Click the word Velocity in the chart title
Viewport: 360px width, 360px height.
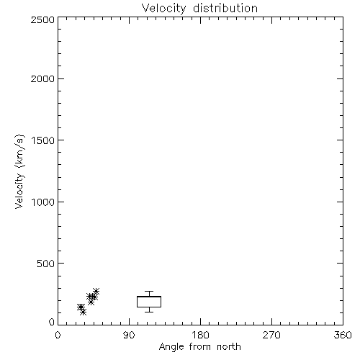[x=164, y=9]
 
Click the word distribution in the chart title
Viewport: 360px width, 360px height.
[x=225, y=8]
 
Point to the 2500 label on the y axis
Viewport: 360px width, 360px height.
[x=42, y=19]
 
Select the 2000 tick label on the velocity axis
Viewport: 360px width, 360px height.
[x=42, y=78]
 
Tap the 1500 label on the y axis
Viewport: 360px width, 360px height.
[x=43, y=140]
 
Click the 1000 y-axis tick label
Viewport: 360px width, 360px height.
[x=43, y=202]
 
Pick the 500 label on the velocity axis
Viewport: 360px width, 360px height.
[x=46, y=264]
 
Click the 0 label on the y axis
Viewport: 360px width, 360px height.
[x=52, y=322]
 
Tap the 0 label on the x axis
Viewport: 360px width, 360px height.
[x=58, y=335]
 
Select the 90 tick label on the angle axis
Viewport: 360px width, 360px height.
[x=129, y=335]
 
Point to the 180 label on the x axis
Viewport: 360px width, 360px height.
[x=200, y=335]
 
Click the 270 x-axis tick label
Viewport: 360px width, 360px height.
[x=271, y=335]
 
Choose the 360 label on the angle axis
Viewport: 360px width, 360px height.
[x=343, y=335]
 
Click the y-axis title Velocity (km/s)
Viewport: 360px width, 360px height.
[x=19, y=171]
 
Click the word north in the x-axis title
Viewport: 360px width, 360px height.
[x=229, y=347]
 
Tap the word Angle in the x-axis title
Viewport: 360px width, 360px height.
[x=171, y=347]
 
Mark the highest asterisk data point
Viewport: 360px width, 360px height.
[x=96, y=292]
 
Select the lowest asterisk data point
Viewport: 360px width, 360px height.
[x=83, y=312]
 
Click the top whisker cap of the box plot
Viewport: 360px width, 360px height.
[x=149, y=292]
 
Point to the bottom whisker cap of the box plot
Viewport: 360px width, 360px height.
[x=149, y=312]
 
